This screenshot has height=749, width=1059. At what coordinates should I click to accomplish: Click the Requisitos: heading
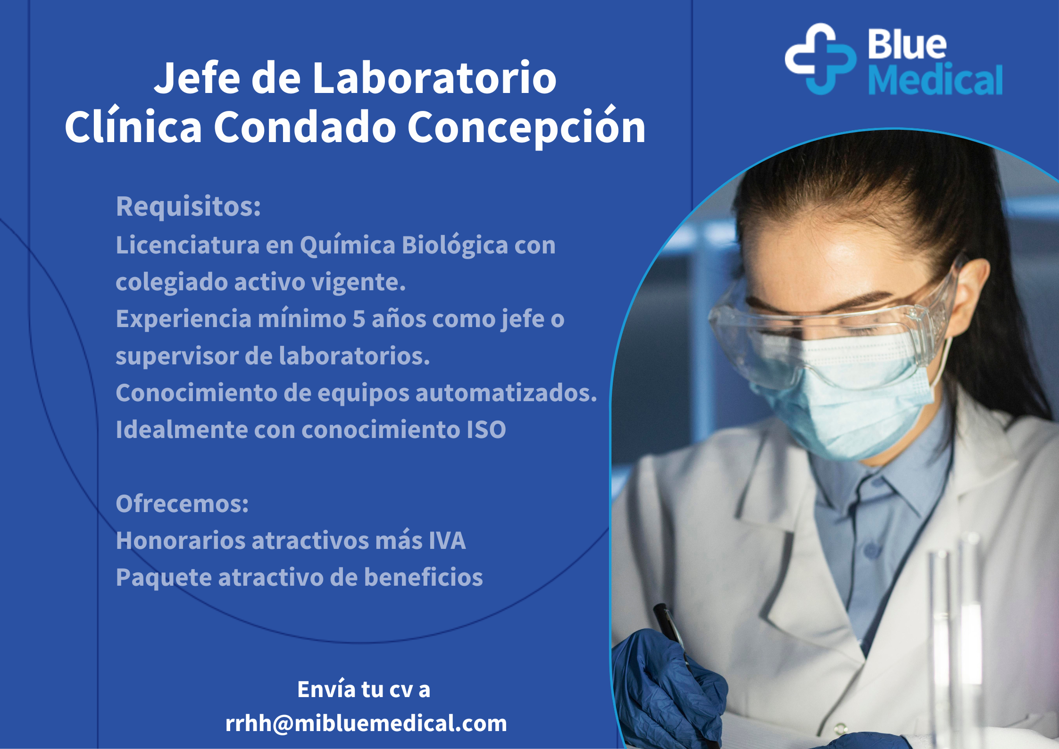188,206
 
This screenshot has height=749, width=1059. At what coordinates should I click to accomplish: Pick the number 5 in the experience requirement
359,319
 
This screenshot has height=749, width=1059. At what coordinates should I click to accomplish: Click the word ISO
486,429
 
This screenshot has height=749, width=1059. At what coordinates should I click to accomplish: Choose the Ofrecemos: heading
182,504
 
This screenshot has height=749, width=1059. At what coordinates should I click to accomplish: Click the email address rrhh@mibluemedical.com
366,723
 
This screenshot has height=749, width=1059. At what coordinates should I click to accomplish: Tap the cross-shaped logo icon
820,59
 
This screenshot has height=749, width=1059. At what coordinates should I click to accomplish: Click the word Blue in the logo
907,44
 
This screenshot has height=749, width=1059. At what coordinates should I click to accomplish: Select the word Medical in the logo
935,79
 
